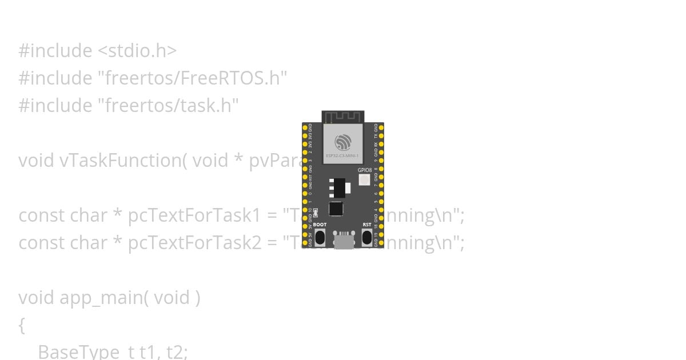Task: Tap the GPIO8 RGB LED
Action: pos(364,180)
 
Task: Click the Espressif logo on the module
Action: pos(343,141)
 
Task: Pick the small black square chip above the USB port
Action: pos(336,209)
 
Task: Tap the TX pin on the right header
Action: pos(381,137)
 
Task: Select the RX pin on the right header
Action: pos(381,145)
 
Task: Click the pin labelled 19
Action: pos(381,234)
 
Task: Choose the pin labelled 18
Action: pos(381,226)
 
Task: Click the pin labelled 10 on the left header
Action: pos(305,210)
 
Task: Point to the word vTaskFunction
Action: pos(120,161)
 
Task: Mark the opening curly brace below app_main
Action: pos(22,325)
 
